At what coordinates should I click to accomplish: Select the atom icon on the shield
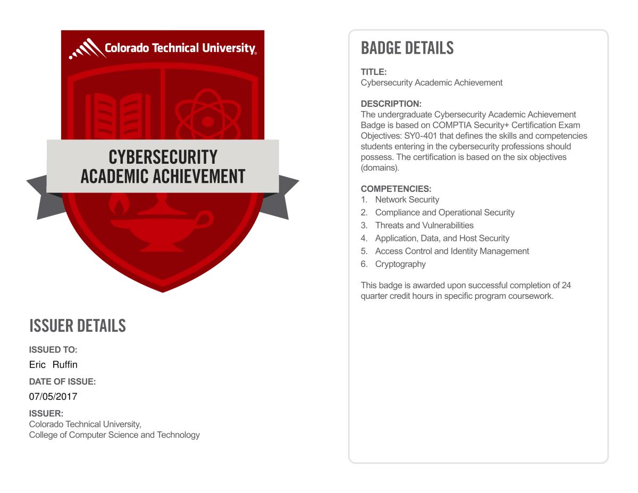208,118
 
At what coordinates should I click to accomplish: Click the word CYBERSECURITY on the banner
163,157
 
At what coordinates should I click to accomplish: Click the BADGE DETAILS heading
407,48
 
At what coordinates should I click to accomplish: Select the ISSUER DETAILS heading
77,325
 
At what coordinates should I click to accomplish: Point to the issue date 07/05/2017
53,396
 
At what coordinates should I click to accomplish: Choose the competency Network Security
407,199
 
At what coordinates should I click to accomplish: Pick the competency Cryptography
400,264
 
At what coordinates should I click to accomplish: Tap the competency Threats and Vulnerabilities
424,225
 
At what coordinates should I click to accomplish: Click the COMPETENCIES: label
396,189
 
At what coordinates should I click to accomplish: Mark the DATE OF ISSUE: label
62,381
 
